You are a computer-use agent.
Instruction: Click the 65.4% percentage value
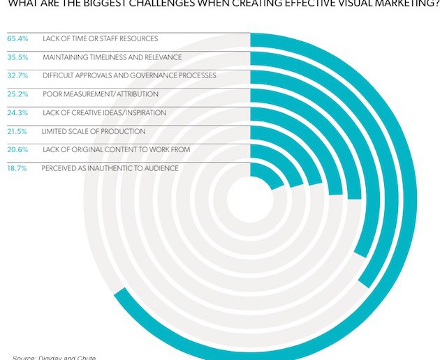pos(17,38)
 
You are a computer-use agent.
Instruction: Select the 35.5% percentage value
pos(17,57)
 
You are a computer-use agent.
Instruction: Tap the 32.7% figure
pos(17,75)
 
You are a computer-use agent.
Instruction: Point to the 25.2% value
pos(17,94)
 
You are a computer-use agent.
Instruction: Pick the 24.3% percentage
pos(17,113)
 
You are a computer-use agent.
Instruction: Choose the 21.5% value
pos(17,131)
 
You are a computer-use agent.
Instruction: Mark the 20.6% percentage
pos(17,150)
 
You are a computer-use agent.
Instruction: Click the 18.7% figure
pos(17,168)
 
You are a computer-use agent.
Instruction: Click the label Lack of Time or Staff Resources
pos(100,38)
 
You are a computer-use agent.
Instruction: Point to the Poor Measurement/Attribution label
pos(101,94)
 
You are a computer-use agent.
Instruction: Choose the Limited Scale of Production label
pos(94,131)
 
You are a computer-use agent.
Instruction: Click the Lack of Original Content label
pos(116,150)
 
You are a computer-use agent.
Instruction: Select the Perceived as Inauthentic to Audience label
pos(110,168)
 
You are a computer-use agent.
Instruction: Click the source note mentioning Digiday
pos(54,357)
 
